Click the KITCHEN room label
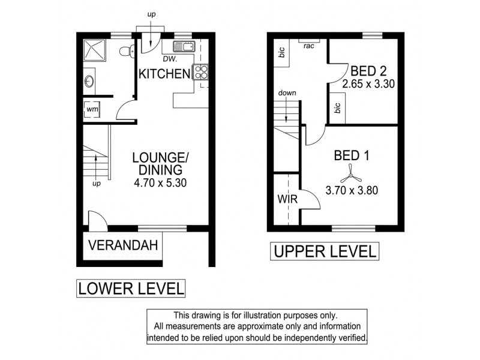click(164, 74)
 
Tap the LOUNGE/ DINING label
click(161, 163)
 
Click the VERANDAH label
click(123, 245)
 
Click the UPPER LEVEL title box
click(325, 251)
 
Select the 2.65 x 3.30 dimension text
click(368, 84)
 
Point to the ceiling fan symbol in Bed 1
click(349, 176)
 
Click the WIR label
click(286, 199)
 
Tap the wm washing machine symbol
click(92, 110)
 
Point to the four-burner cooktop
click(201, 73)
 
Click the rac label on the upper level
click(310, 46)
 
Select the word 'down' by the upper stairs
click(286, 94)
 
